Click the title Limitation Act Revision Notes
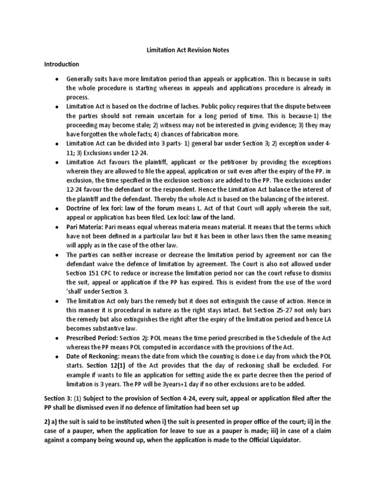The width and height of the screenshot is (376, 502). tap(188, 50)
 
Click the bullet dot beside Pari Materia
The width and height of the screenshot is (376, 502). tap(57, 227)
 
